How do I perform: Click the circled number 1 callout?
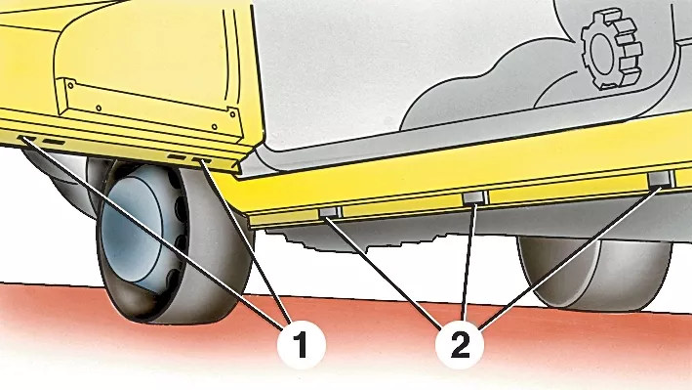[x=302, y=345]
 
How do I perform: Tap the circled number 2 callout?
[x=460, y=345]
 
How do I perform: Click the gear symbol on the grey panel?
[x=611, y=50]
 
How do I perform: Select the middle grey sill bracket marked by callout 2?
[x=473, y=197]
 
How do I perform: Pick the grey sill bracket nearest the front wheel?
[x=330, y=212]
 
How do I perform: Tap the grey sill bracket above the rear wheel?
[x=661, y=178]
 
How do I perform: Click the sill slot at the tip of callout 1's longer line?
[x=27, y=139]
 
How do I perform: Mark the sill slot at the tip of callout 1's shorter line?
[x=201, y=160]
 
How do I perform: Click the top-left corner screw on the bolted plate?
[x=70, y=83]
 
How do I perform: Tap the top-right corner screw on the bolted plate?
[x=231, y=113]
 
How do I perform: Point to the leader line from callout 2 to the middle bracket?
[x=469, y=262]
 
